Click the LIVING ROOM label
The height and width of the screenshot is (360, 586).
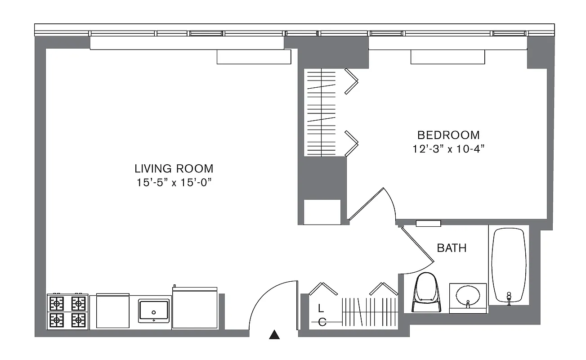point(174,169)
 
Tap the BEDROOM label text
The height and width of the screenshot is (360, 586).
point(448,135)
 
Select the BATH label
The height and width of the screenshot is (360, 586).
point(452,248)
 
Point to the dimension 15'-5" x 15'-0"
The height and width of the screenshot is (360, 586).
point(174,183)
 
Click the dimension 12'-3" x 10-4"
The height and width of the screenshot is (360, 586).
point(448,149)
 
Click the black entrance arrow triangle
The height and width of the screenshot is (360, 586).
point(274,334)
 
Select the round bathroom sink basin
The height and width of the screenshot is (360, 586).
point(468,296)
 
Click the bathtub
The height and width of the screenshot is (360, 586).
point(509,265)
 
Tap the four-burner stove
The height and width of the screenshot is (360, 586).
point(67,312)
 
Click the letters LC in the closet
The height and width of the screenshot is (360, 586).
point(321,315)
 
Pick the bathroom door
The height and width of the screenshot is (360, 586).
point(417,245)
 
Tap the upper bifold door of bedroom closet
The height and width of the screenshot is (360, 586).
point(351,81)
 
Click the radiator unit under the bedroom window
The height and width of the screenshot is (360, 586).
point(447,57)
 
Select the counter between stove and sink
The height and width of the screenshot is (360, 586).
point(113,311)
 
